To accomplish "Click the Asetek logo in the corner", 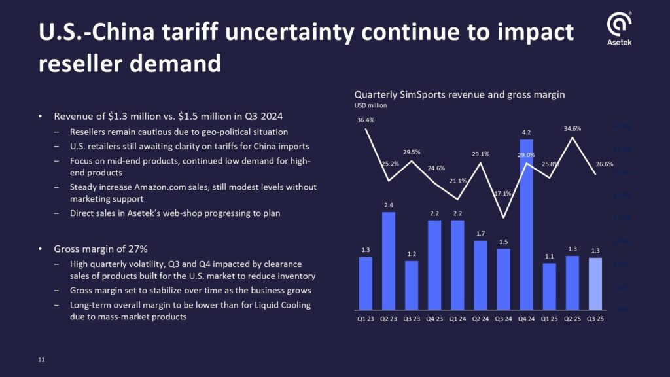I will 620,29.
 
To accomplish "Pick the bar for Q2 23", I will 388,260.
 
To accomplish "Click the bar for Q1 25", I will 549,286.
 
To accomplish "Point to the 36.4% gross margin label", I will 366,120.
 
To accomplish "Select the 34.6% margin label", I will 572,128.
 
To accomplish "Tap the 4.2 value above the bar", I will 526,132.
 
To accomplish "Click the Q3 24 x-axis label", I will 502,319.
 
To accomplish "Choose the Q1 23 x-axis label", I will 365,319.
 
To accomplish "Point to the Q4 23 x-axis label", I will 434,319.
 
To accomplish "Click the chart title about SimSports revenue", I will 459,94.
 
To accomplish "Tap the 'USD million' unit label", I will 370,105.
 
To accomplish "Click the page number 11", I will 41,360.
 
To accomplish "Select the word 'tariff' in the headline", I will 217,32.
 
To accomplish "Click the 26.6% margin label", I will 604,164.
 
